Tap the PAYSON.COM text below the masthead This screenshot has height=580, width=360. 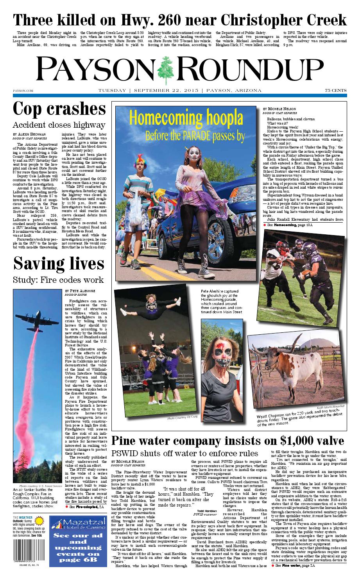tap(21, 91)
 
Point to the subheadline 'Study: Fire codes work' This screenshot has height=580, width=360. tap(59, 280)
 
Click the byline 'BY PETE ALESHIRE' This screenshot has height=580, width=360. tap(80, 291)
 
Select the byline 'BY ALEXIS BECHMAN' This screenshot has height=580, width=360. tap(32, 134)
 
